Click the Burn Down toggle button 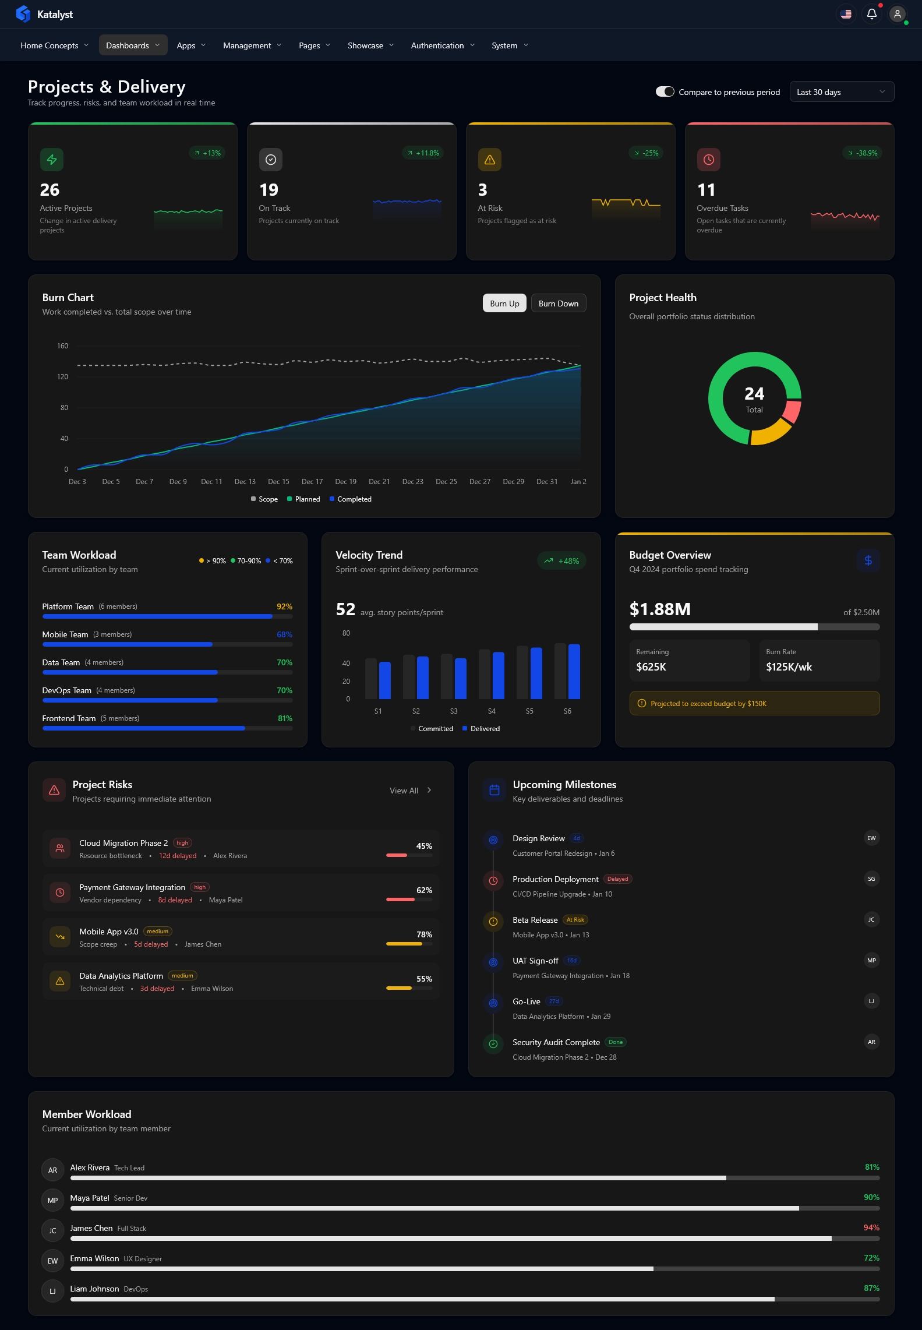click(x=558, y=304)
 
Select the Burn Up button click(x=504, y=304)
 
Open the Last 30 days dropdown click(x=841, y=92)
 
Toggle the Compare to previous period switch click(x=665, y=92)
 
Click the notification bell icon click(x=871, y=14)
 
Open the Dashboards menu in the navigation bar click(x=132, y=45)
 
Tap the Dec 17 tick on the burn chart click(x=312, y=482)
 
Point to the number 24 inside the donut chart click(x=754, y=394)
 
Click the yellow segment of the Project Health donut click(x=771, y=433)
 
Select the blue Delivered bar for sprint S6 click(x=574, y=671)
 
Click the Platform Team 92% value click(x=284, y=606)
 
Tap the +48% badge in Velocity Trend click(x=561, y=561)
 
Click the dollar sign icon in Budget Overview click(x=868, y=560)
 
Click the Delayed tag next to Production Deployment click(x=617, y=879)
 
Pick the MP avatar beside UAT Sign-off click(x=871, y=961)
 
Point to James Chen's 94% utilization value click(x=871, y=1227)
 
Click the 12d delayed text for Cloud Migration click(x=178, y=856)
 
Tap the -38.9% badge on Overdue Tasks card click(x=863, y=153)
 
